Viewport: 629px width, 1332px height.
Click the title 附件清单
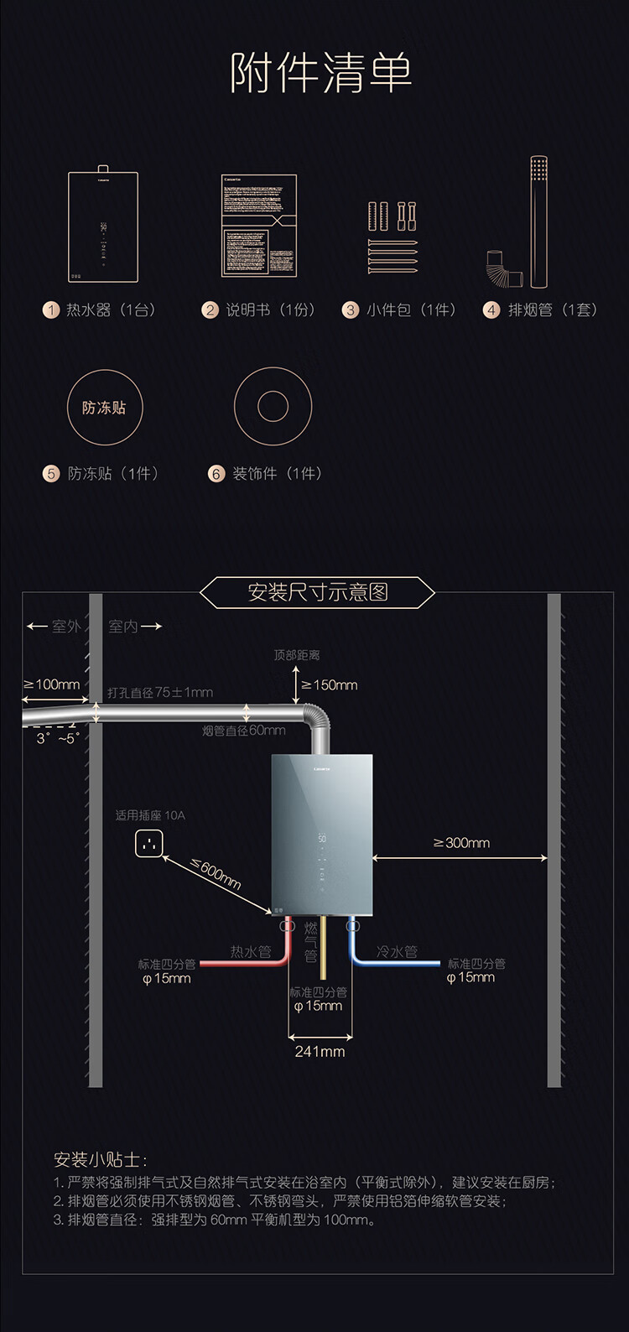(x=321, y=73)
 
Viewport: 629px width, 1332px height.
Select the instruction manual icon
(x=258, y=226)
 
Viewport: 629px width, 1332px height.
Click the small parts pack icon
(x=392, y=237)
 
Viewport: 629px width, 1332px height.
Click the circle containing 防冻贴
(x=104, y=408)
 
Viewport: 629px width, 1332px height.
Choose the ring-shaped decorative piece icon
(x=273, y=407)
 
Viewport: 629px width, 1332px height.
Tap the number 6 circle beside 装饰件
(x=216, y=474)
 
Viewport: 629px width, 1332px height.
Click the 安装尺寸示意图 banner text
(x=317, y=592)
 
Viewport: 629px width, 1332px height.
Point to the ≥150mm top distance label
(x=330, y=685)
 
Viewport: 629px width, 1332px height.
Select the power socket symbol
(x=149, y=844)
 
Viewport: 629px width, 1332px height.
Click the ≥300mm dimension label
(x=461, y=843)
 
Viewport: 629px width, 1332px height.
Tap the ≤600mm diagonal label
(x=216, y=874)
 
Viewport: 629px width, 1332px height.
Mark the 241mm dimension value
(x=320, y=1051)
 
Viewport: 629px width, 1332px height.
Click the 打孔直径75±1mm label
(x=160, y=693)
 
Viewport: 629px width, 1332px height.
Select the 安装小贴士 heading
(x=100, y=1160)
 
